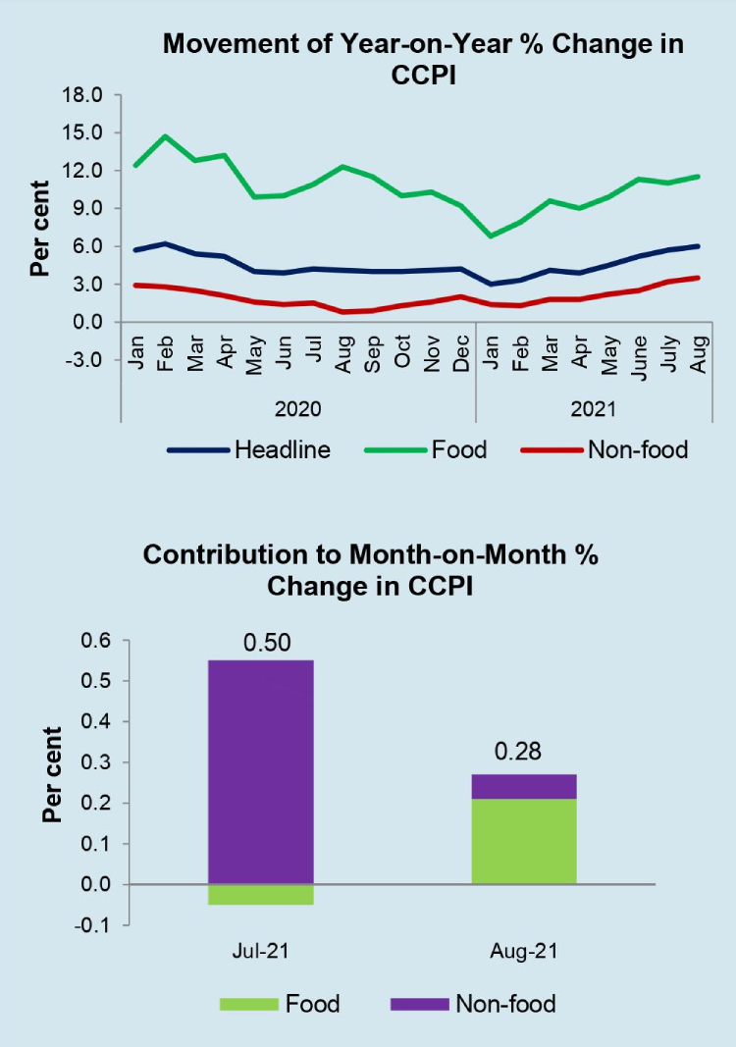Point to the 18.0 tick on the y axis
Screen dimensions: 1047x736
tap(81, 95)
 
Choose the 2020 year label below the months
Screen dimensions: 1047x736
tap(298, 406)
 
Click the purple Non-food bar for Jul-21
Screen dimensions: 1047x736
tap(260, 771)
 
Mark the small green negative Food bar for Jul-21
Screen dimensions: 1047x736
tap(260, 894)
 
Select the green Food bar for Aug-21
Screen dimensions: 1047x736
tap(523, 841)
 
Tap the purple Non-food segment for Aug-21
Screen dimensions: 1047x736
tap(523, 786)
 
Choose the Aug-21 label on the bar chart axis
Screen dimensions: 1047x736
tap(523, 951)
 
